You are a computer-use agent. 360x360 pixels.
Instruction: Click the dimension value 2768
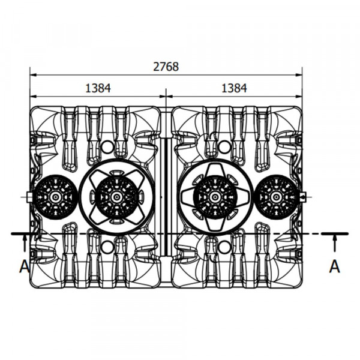166,67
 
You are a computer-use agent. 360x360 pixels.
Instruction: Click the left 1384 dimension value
98,88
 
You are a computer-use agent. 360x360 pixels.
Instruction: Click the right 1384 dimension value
234,88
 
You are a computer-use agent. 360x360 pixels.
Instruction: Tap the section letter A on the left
25,266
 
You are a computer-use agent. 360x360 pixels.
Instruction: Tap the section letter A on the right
335,266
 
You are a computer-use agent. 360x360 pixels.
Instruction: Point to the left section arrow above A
25,243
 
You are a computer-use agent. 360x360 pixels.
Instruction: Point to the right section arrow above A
335,243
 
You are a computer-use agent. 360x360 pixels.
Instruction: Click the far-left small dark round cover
55,197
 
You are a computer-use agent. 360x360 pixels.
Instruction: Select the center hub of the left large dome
116,197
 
